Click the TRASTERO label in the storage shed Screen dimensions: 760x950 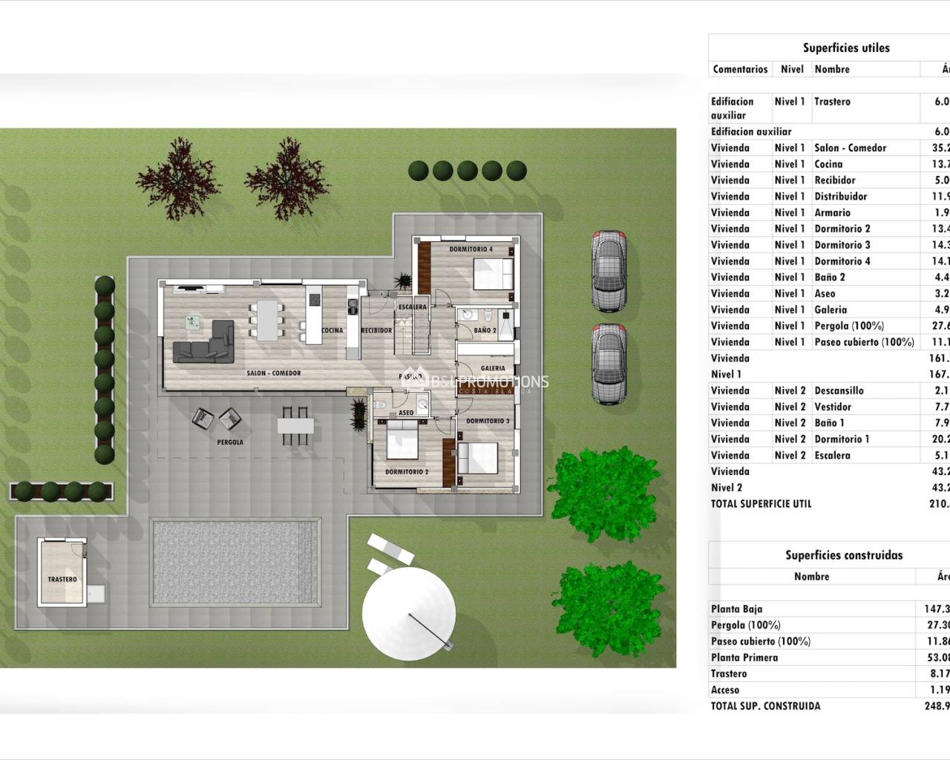[62, 580]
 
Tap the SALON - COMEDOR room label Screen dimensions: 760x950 [274, 373]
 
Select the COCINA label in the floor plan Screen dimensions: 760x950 [332, 331]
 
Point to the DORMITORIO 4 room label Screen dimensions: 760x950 [471, 249]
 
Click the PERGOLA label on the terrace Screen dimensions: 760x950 [231, 442]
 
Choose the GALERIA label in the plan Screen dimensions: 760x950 [493, 368]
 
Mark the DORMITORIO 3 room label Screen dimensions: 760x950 [488, 421]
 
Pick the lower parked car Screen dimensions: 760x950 [609, 364]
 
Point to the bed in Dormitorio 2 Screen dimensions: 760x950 [403, 442]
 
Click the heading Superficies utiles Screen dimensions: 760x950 [845, 48]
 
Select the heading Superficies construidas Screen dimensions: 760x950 [844, 555]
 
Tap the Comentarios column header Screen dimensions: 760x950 [740, 69]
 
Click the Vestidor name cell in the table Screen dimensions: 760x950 [833, 407]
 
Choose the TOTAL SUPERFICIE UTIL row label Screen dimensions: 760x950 [761, 504]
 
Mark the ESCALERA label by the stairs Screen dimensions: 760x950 [413, 307]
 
